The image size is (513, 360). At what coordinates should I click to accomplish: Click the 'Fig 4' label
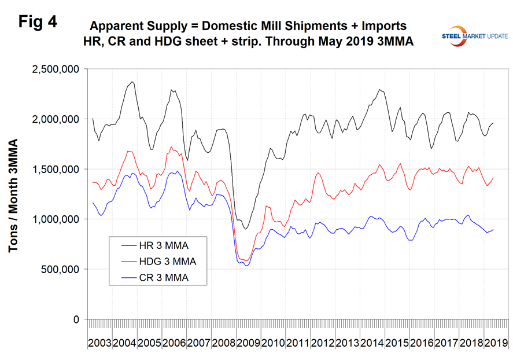coord(39,21)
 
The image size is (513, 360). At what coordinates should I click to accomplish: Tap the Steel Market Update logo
coord(472,35)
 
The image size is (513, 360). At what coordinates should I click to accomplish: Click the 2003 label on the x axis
coord(99,343)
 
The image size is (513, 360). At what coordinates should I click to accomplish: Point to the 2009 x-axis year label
coord(248,343)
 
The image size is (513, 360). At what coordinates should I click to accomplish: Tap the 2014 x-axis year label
coord(372,343)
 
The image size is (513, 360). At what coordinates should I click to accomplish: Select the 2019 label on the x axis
coord(496,343)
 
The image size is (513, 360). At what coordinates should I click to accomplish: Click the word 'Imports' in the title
coord(381,25)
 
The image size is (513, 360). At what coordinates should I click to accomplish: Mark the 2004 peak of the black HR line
coord(132,82)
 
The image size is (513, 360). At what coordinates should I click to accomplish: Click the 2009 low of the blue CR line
coord(246,266)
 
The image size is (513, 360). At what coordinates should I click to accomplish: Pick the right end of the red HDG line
coord(493,178)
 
